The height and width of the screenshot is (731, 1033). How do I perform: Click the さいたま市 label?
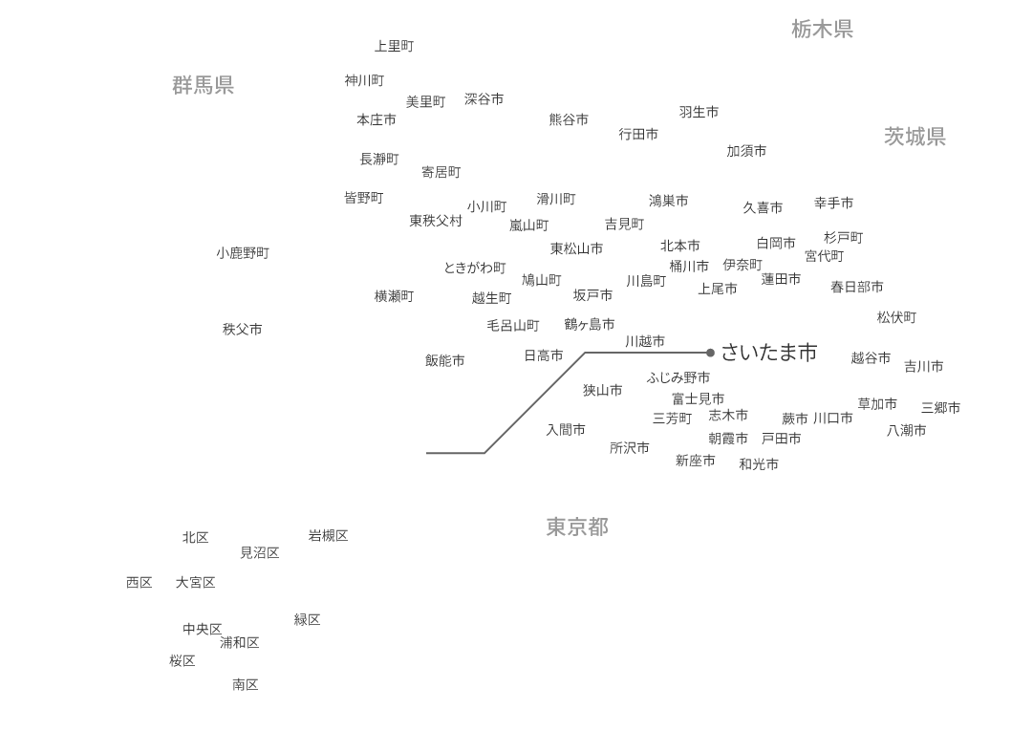(769, 353)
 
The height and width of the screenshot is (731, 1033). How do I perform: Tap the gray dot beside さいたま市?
(710, 353)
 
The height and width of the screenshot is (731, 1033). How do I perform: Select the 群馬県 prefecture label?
(203, 85)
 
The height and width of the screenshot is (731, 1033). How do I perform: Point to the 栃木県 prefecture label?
(822, 30)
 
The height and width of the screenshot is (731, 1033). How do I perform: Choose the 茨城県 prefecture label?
(915, 137)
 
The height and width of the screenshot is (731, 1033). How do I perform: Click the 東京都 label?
(577, 527)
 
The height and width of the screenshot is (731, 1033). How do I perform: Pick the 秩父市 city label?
(242, 330)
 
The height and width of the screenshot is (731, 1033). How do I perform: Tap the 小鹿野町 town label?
(243, 253)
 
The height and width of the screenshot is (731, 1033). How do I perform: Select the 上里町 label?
(394, 46)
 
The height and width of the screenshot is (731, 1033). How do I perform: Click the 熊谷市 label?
(569, 119)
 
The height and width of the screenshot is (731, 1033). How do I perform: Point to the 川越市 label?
(645, 341)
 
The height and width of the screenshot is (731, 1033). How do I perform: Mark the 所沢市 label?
(629, 448)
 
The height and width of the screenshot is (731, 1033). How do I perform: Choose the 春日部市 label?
(857, 287)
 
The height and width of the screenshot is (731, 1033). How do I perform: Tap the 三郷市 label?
(940, 408)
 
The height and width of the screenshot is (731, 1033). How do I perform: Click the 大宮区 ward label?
(195, 583)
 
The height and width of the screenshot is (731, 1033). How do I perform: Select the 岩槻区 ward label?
(328, 536)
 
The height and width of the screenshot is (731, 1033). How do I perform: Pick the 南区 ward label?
(245, 685)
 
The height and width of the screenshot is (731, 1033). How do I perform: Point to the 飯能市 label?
(444, 360)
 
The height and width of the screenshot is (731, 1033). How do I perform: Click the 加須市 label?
(746, 151)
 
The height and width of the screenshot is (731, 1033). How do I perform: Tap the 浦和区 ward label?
(239, 643)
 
